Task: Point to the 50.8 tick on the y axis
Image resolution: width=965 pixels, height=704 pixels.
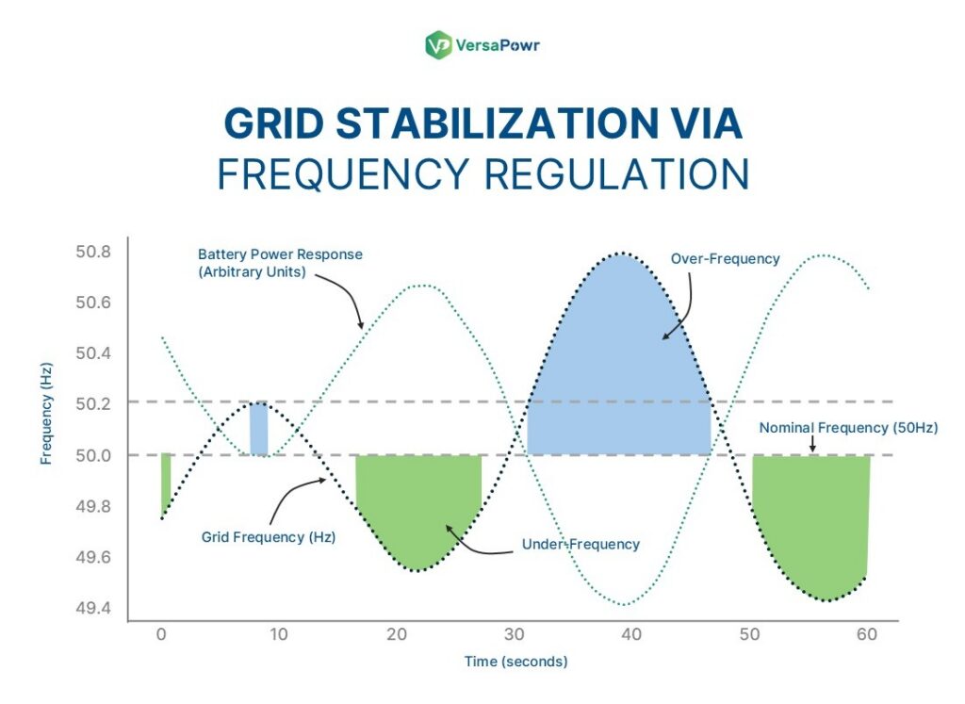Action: click(x=92, y=252)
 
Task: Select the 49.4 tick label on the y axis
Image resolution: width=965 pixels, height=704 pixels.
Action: click(x=92, y=607)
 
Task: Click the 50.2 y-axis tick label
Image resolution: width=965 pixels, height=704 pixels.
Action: click(x=92, y=403)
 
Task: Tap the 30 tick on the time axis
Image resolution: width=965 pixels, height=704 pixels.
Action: click(x=514, y=634)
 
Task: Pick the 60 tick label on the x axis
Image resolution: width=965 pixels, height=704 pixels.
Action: click(x=867, y=634)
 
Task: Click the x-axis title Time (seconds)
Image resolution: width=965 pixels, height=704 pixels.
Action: click(x=515, y=662)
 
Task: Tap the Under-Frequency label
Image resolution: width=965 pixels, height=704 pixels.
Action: click(x=581, y=544)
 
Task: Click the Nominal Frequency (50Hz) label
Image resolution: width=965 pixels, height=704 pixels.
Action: click(x=848, y=427)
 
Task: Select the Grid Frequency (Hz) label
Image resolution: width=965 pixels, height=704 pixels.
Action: click(x=269, y=536)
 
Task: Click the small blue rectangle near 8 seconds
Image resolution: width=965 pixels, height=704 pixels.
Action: click(x=258, y=429)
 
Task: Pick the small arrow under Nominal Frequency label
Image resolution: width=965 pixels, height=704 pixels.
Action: click(x=813, y=443)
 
